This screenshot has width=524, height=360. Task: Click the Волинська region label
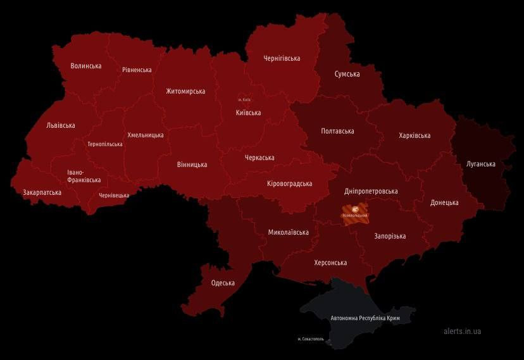click(86, 66)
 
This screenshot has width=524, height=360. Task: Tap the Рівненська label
click(137, 70)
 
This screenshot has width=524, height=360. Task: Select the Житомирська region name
click(185, 91)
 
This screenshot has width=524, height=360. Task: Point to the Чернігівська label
click(282, 58)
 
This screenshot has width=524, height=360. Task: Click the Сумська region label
click(347, 74)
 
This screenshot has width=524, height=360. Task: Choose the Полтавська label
click(337, 131)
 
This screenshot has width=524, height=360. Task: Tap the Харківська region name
click(415, 135)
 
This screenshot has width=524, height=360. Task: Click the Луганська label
click(480, 164)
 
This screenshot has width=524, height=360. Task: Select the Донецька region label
click(444, 202)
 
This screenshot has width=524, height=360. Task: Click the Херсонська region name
click(330, 263)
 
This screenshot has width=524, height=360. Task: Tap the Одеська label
click(223, 283)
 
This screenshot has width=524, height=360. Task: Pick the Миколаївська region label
click(288, 232)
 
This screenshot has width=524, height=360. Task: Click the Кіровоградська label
click(289, 183)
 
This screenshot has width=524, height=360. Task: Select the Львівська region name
click(61, 125)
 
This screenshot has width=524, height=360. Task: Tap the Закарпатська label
click(42, 192)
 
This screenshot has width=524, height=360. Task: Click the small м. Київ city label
click(244, 100)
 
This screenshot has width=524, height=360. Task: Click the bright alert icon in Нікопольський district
click(356, 209)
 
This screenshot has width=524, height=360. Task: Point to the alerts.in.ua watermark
click(462, 331)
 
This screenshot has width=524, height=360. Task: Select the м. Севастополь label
click(311, 339)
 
